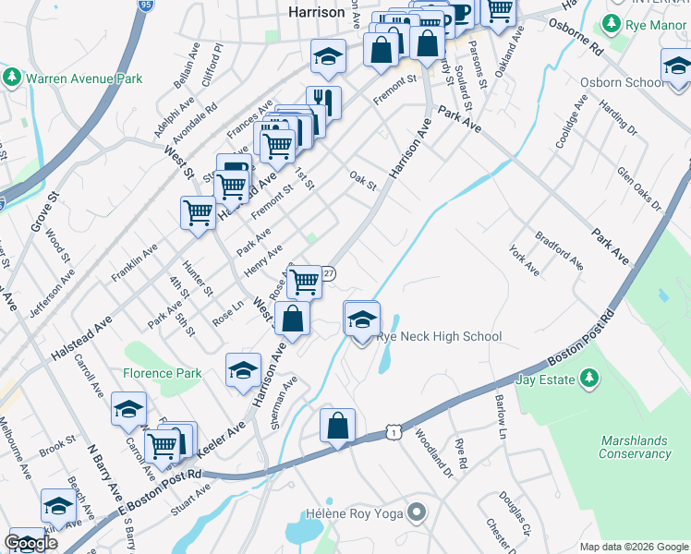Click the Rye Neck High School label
pos(439,337)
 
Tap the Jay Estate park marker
pos(588,379)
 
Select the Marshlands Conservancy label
pos(635,447)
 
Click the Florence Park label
pos(163,374)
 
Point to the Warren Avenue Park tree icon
pos(13,78)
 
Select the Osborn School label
pos(622,82)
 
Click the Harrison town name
pos(316,13)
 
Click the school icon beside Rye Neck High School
pos(362,320)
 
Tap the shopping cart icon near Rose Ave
pos(303,281)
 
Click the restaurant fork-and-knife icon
pos(323,102)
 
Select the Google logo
pos(31,542)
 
